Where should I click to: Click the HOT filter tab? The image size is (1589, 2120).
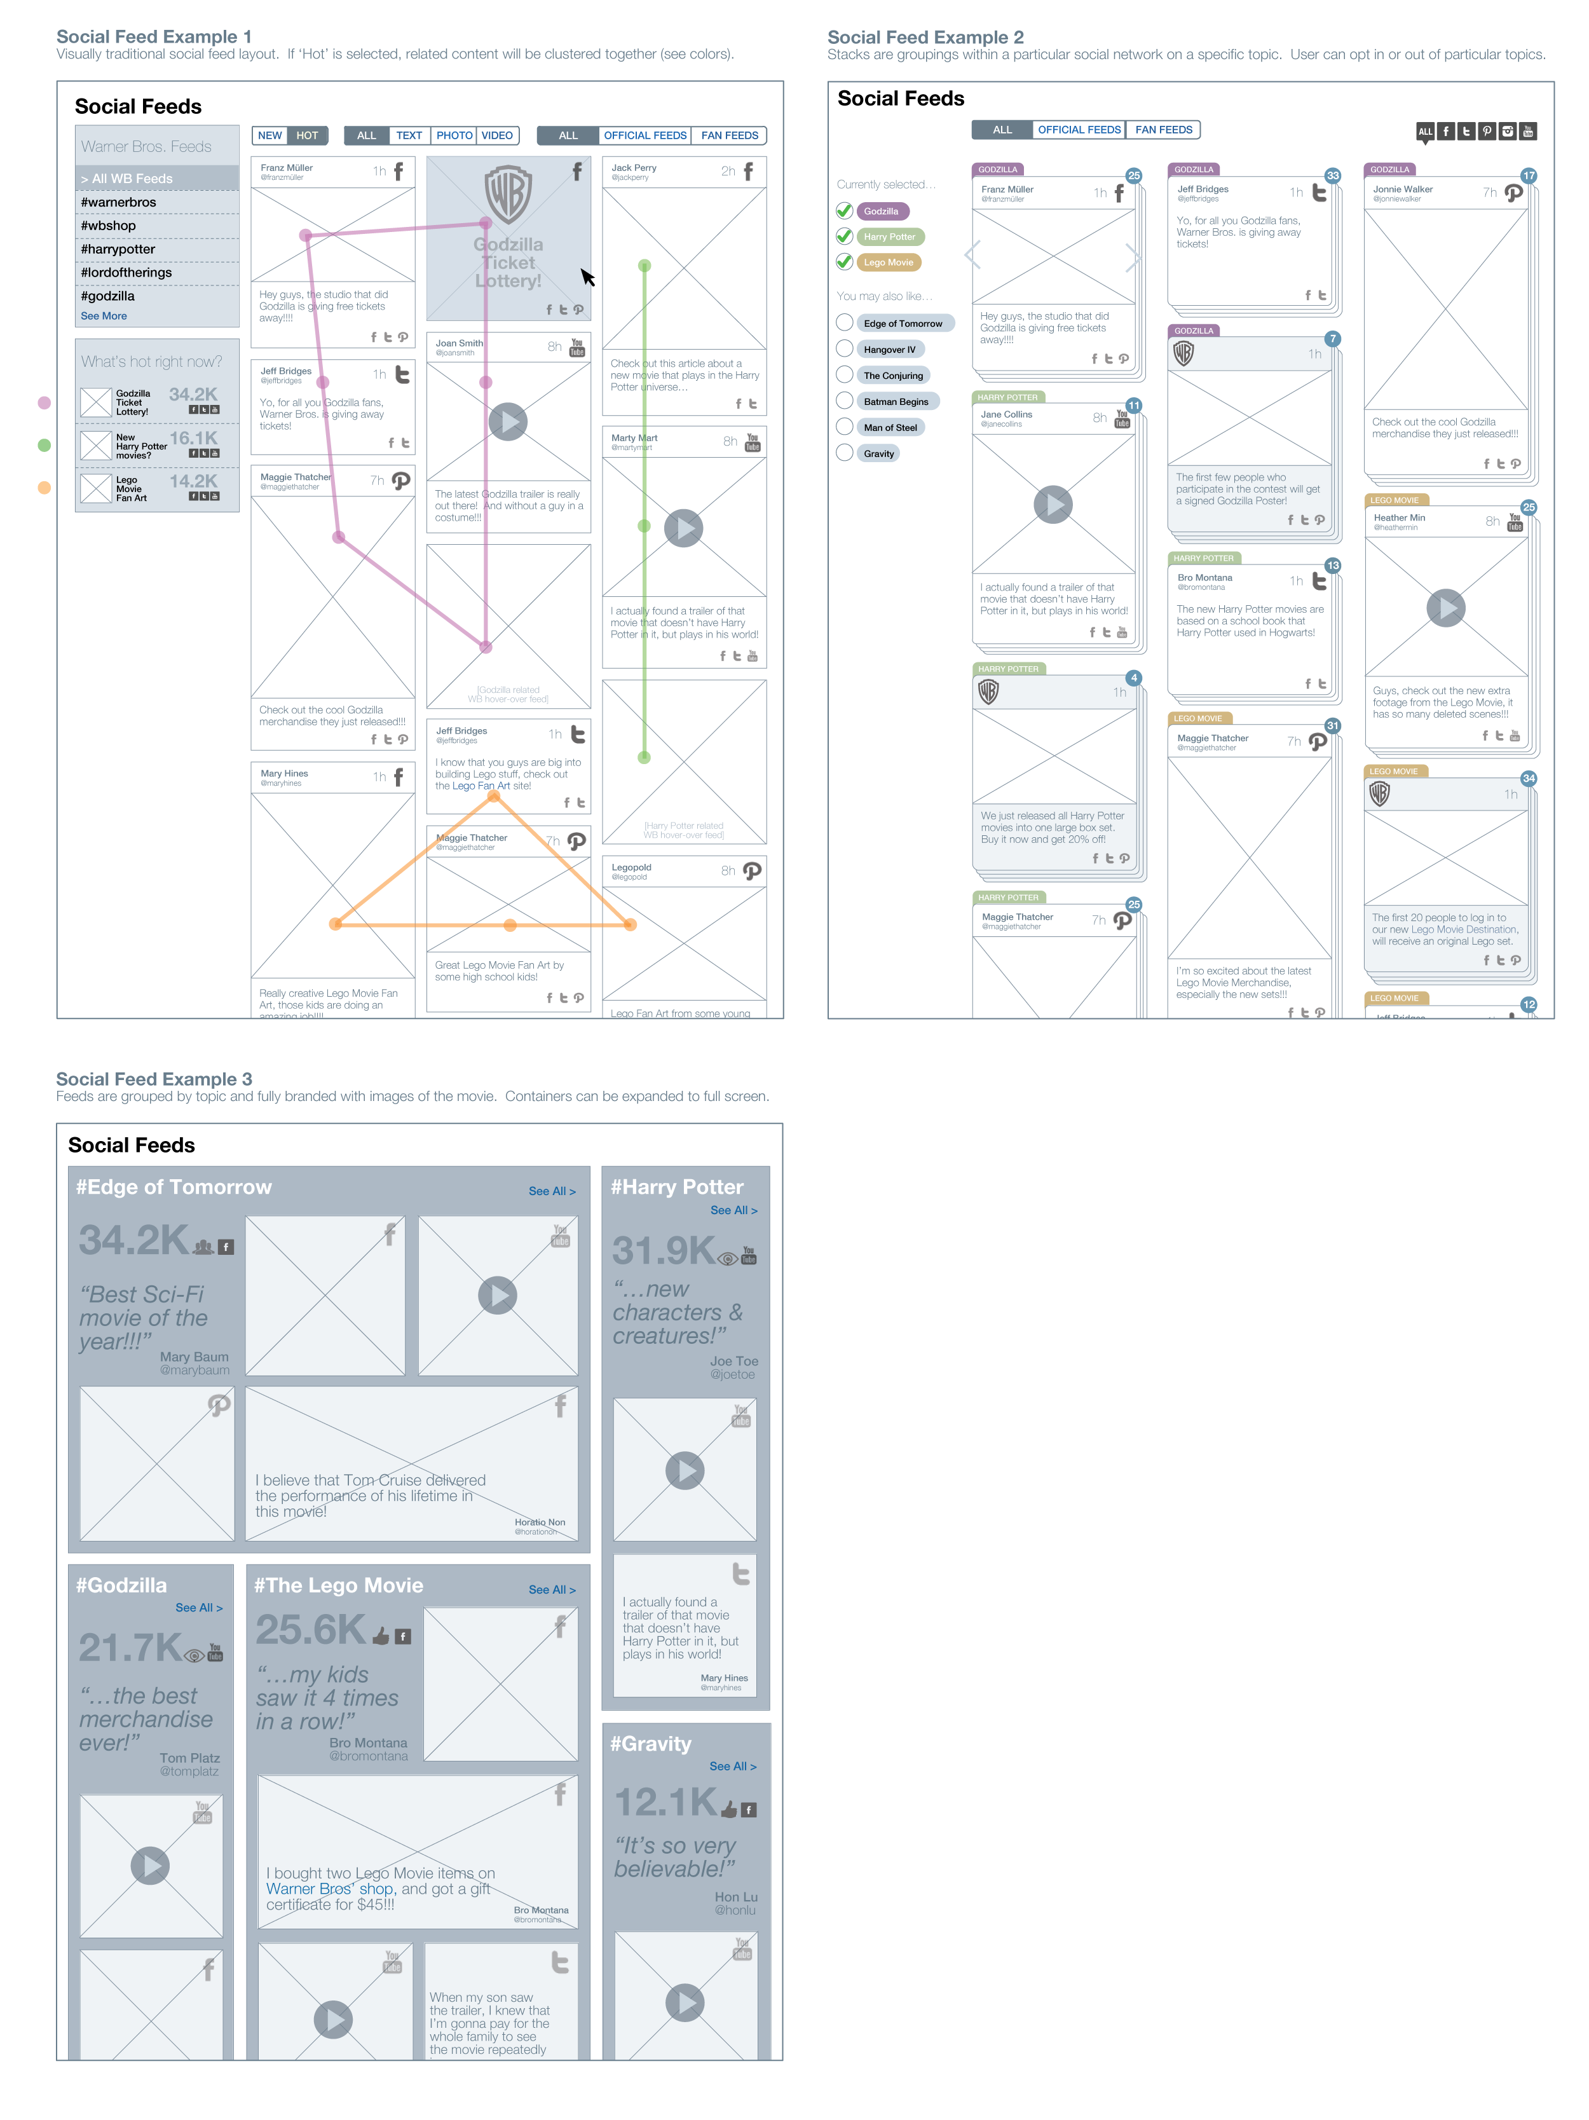pyautogui.click(x=307, y=135)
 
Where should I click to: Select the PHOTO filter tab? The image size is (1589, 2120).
pyautogui.click(x=454, y=135)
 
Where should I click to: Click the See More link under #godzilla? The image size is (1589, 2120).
pyautogui.click(x=104, y=317)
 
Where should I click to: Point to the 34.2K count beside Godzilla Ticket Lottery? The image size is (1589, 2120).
pyautogui.click(x=193, y=395)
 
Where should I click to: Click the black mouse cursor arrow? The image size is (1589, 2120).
pyautogui.click(x=587, y=277)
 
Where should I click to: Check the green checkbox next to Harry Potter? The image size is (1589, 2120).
pyautogui.click(x=844, y=236)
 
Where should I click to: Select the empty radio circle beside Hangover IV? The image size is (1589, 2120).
pyautogui.click(x=844, y=349)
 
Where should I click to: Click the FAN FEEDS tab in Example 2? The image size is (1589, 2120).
pyautogui.click(x=1164, y=130)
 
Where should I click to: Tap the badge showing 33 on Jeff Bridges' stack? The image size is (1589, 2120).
pyautogui.click(x=1332, y=175)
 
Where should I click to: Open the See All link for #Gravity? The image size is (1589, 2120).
pyautogui.click(x=732, y=1767)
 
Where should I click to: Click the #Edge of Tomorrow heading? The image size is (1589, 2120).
pyautogui.click(x=174, y=1187)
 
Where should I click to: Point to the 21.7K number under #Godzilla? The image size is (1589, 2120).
pyautogui.click(x=130, y=1648)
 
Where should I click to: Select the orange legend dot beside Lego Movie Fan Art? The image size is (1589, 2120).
pyautogui.click(x=44, y=488)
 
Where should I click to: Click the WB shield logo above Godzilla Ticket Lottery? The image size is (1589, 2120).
pyautogui.click(x=508, y=195)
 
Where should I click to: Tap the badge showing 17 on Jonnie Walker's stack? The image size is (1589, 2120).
pyautogui.click(x=1529, y=176)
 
